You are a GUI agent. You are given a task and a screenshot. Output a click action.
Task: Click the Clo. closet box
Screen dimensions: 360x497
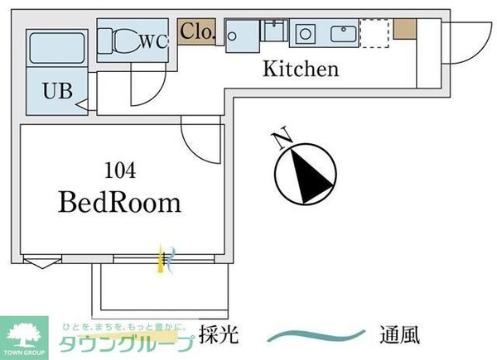pyautogui.click(x=197, y=32)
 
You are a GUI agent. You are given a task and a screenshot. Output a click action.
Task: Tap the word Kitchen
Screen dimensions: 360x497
pyautogui.click(x=301, y=70)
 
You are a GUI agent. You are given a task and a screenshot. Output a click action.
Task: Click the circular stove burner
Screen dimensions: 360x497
pyautogui.click(x=305, y=34)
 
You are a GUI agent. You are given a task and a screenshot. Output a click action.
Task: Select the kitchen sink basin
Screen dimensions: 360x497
pyautogui.click(x=341, y=34)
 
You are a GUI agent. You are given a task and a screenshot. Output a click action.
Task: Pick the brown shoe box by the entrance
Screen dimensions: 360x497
pyautogui.click(x=403, y=27)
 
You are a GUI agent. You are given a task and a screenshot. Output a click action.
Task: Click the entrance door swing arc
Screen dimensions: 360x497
pyautogui.click(x=465, y=46)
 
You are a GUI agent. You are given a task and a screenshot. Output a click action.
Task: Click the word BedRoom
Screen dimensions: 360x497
pyautogui.click(x=119, y=202)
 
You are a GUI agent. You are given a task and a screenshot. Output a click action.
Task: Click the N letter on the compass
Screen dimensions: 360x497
pyautogui.click(x=282, y=136)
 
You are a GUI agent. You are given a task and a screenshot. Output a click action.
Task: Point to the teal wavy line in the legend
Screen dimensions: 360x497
pyautogui.click(x=319, y=336)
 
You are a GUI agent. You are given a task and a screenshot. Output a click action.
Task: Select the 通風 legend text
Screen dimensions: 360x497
pyautogui.click(x=399, y=336)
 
